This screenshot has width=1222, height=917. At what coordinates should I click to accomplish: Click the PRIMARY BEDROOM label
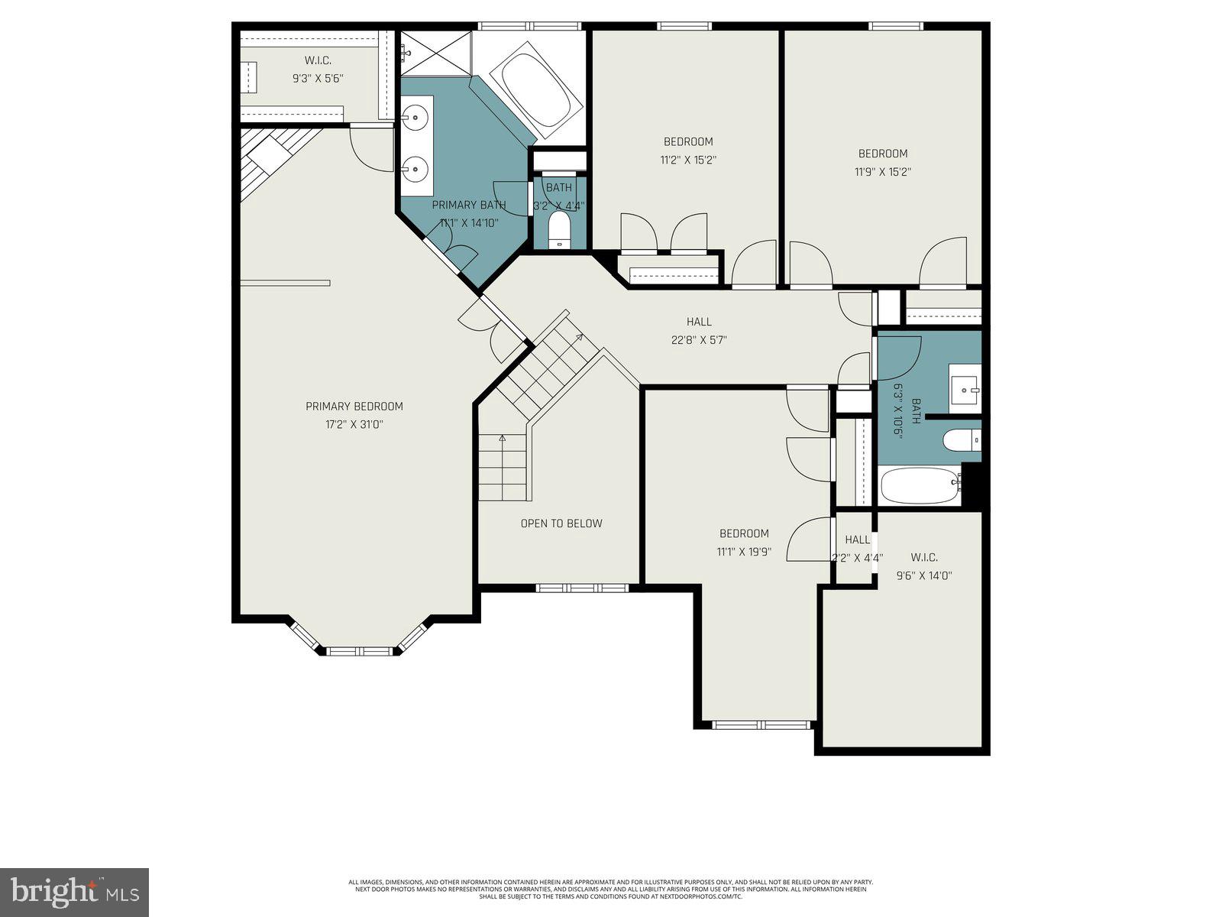354,407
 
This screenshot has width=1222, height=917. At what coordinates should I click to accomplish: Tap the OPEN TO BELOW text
561,523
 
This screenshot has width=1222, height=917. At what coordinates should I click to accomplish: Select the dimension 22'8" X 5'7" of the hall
699,340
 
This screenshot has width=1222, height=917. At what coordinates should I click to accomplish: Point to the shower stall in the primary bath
436,52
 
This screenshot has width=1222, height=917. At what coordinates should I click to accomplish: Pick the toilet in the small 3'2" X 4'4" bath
560,230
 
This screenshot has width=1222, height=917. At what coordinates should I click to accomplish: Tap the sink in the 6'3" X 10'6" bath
965,390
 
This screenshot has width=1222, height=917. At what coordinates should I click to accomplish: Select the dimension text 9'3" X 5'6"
318,78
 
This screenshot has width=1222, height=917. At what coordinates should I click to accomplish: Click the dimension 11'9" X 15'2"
883,172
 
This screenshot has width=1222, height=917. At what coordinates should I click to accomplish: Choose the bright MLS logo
75,893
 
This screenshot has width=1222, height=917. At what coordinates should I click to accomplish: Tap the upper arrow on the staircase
579,336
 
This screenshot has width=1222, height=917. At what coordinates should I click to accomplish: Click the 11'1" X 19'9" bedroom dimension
744,552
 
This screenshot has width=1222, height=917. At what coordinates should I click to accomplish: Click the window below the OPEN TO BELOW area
582,588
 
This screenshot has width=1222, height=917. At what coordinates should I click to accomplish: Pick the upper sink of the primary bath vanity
416,117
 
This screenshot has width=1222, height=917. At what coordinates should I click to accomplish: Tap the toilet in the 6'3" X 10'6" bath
961,441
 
